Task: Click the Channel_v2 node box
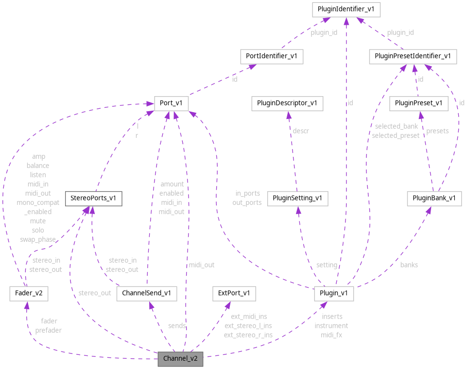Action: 180,359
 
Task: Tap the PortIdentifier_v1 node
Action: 272,56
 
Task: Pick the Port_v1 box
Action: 171,103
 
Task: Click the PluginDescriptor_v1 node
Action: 287,103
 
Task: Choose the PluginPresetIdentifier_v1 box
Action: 413,56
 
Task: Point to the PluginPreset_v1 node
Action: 418,103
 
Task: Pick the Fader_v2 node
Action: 29,293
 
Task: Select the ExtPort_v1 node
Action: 234,293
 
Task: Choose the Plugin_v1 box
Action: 334,293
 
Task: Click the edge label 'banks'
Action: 409,265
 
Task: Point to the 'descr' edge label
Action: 300,131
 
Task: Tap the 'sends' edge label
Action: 177,325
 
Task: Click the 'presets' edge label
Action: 437,131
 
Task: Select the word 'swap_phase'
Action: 37,239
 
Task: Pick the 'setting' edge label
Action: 327,265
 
